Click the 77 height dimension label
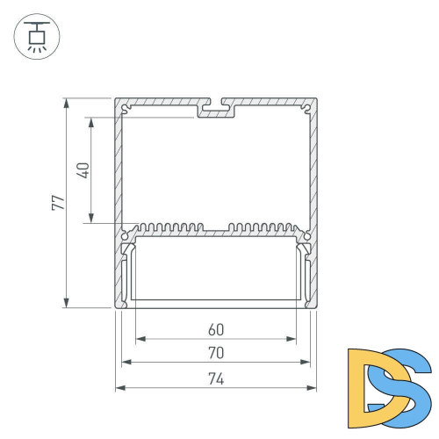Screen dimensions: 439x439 tap(57, 203)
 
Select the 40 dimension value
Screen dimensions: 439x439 tap(83, 169)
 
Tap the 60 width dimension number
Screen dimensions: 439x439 tap(215, 331)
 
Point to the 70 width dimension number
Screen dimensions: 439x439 tap(215, 353)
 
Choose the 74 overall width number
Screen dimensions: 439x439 tap(215, 379)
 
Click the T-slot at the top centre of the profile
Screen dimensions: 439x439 tap(217, 110)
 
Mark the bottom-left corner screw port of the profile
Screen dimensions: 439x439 tap(126, 304)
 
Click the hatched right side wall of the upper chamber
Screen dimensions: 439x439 tap(313, 167)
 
